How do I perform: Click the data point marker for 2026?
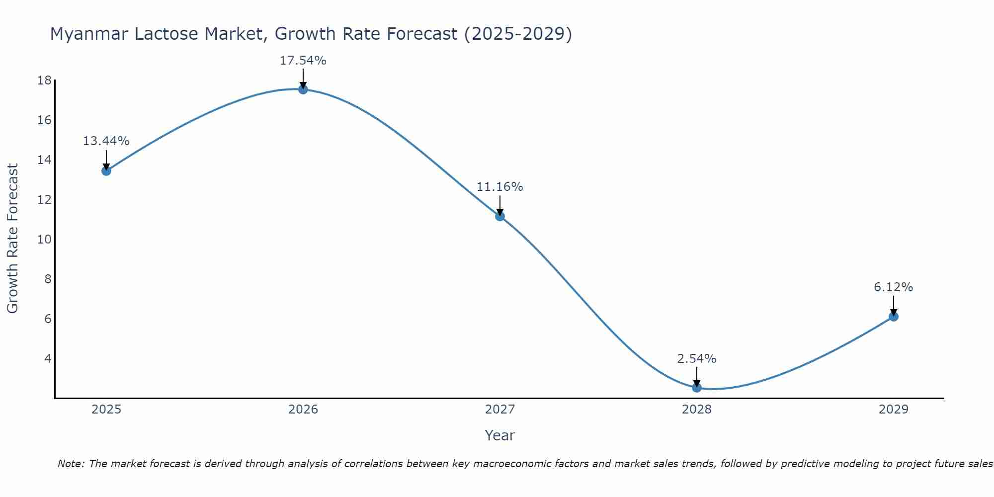tap(303, 89)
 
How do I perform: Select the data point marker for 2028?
tap(697, 388)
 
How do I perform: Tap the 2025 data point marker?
tap(106, 171)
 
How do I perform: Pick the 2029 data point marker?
tap(894, 317)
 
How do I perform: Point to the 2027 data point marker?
tap(500, 216)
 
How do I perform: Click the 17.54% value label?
tap(303, 61)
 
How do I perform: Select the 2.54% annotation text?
tap(697, 359)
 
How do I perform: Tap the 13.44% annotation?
tap(106, 141)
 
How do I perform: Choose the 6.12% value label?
tap(893, 287)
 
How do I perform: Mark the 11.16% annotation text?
tap(499, 187)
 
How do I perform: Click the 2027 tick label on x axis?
tap(500, 410)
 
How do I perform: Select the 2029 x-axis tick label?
tap(893, 410)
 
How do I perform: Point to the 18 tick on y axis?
tap(44, 81)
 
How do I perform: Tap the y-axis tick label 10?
tap(44, 240)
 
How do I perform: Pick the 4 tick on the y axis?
tap(48, 358)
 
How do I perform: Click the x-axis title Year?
tap(499, 435)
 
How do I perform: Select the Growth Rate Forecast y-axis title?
tap(13, 239)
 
